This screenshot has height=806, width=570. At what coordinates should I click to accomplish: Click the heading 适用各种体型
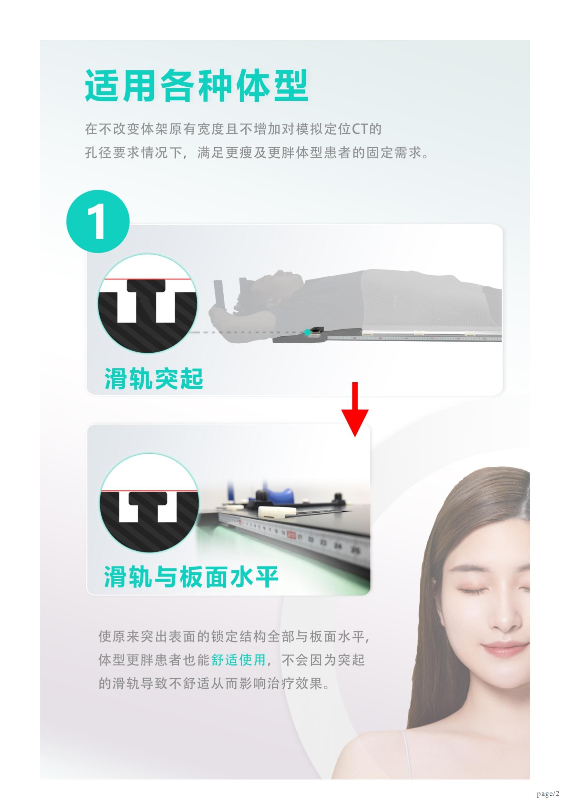(196, 86)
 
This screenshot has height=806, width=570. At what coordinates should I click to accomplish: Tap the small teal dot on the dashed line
(307, 332)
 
